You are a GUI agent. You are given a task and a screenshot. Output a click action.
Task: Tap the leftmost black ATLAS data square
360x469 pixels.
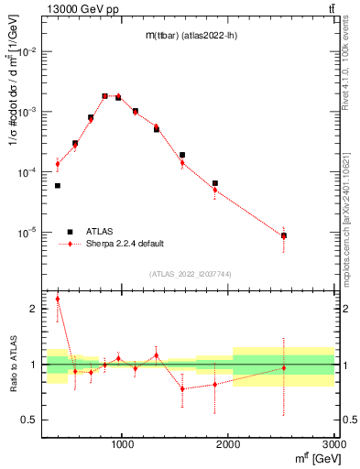pos(58,186)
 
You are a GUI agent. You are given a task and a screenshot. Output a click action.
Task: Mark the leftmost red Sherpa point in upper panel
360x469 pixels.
pos(58,164)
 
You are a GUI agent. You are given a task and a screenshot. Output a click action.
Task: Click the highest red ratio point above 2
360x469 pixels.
pos(58,299)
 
